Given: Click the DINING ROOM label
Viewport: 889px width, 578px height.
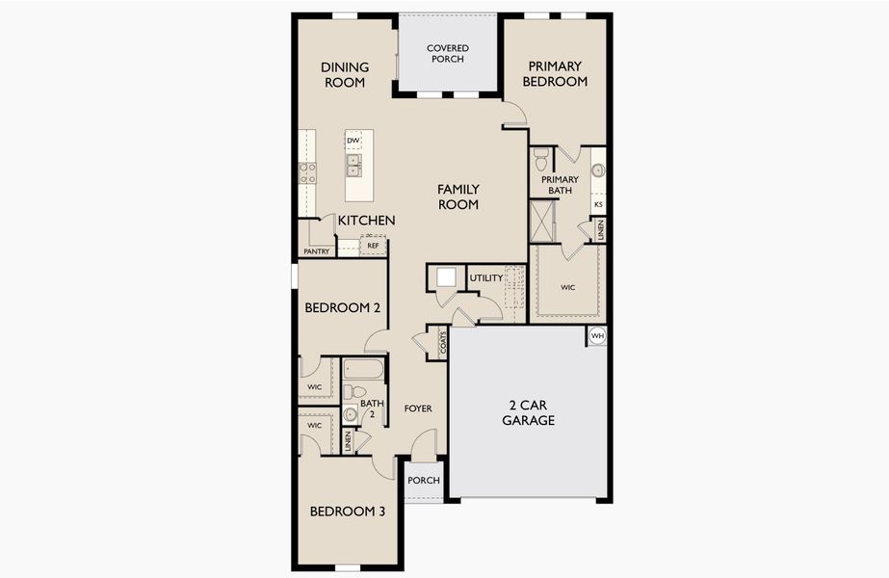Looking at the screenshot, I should (343, 74).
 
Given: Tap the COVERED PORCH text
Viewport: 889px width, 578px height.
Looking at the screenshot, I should (447, 54).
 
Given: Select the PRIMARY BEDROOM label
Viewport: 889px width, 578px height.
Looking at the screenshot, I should (555, 74).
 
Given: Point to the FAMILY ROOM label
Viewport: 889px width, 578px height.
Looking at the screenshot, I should (458, 197).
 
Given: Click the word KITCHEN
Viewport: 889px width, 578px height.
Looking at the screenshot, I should (366, 221).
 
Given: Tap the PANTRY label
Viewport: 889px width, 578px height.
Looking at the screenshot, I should (317, 251).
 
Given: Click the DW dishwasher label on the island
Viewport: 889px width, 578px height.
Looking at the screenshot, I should (353, 141).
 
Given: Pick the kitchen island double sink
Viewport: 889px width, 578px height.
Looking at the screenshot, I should (353, 166).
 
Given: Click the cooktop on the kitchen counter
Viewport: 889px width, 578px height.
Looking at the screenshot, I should (307, 172).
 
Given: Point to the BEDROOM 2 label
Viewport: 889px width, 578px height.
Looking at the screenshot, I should (343, 308).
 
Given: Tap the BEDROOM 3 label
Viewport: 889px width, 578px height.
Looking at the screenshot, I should (347, 512).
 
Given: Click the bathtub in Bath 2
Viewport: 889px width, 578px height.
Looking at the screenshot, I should (364, 370).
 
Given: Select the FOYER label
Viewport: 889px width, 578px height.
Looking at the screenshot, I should (418, 408).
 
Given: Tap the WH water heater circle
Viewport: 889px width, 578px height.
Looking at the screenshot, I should (597, 336).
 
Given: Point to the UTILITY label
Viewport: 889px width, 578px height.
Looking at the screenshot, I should (486, 278).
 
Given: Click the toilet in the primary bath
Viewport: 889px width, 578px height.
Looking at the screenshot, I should (541, 158).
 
